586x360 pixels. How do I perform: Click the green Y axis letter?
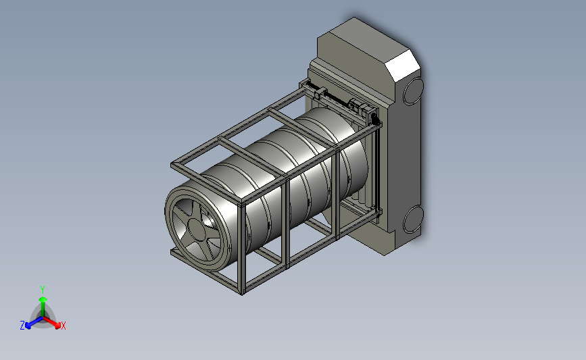point(43,290)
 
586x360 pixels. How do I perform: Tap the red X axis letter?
point(63,326)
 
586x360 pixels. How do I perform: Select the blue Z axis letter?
point(22,326)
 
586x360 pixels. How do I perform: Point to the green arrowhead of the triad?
point(43,299)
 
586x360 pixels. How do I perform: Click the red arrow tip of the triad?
point(57,326)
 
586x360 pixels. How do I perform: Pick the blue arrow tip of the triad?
point(28,326)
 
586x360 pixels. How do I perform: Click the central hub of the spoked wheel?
point(197,230)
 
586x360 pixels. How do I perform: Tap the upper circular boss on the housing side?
point(414,90)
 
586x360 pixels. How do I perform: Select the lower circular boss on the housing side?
point(414,220)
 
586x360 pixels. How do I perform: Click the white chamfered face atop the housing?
point(403,65)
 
